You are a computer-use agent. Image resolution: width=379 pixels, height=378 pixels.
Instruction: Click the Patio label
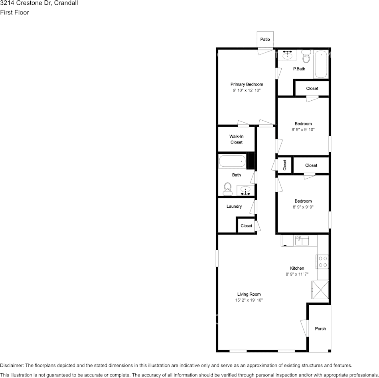point(265,39)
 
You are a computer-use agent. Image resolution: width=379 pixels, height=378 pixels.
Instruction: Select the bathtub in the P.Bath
point(321,64)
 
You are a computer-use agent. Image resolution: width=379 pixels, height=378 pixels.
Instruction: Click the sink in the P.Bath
point(287,55)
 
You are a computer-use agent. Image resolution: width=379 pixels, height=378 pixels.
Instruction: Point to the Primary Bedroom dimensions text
point(247,90)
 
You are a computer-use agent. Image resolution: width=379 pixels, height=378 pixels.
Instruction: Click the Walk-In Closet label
point(237,139)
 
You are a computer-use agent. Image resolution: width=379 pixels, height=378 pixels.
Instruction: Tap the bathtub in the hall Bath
point(232,161)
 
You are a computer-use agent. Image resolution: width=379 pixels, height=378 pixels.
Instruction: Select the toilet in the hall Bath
point(227,189)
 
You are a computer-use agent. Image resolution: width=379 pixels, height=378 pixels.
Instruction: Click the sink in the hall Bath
point(245,190)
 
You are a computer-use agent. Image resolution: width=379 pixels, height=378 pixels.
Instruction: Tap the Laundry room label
point(234,206)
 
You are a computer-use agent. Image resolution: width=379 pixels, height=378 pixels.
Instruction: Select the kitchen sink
point(302,241)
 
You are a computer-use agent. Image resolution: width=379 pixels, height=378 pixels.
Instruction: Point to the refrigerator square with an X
point(320,290)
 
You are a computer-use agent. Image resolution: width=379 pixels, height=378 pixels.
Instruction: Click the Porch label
point(320,328)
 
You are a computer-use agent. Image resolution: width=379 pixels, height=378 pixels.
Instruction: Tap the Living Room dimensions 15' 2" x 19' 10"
point(249,300)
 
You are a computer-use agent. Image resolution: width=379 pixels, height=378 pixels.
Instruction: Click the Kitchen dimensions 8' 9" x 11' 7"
point(297,275)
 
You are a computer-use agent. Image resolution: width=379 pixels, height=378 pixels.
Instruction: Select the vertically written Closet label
point(284,165)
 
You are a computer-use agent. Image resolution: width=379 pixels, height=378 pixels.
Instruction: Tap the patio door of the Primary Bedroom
point(265,51)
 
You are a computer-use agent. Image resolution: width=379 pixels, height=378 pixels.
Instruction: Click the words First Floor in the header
point(14,13)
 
